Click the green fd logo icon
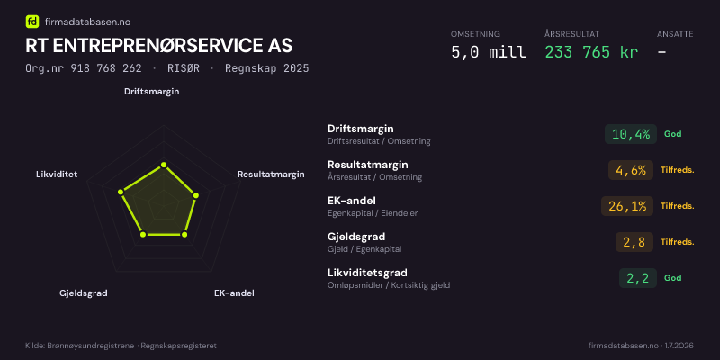pos(32,22)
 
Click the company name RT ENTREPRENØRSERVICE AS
pos(159,46)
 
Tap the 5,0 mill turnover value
pos(489,52)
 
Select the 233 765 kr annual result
pos(591,52)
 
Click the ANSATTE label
pos(675,34)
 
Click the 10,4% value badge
pos(631,134)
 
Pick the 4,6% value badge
pos(631,170)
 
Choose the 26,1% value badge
pos(627,206)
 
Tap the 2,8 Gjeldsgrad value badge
pos(634,242)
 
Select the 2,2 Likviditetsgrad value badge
pos(638,278)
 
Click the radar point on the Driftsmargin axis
pos(164,166)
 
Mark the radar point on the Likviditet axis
pos(121,192)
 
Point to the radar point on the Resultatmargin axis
pos(196,195)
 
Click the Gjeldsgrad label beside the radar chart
pos(84,293)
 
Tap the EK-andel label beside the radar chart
pos(234,293)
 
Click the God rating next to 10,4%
pos(672,134)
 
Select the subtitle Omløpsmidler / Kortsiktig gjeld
pos(389,285)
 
